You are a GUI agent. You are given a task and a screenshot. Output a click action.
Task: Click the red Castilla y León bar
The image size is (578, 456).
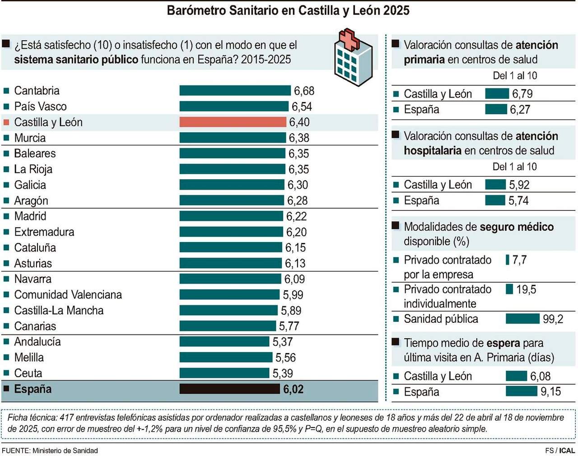click(233, 122)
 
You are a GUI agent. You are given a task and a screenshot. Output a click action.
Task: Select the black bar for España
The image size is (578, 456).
click(229, 389)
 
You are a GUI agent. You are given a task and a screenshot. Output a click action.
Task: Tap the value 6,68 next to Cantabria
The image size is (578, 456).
click(304, 91)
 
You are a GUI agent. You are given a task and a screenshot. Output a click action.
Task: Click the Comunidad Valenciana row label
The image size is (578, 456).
click(68, 295)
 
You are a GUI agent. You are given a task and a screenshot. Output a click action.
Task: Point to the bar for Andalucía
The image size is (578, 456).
click(224, 342)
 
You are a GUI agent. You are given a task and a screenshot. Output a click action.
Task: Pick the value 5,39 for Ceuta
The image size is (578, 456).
click(283, 373)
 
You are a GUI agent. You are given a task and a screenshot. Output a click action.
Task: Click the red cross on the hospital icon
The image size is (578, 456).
click(349, 40)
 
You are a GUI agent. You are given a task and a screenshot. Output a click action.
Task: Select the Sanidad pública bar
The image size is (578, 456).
click(522, 319)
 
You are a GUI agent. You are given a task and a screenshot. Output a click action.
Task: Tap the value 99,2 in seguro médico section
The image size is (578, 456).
click(553, 319)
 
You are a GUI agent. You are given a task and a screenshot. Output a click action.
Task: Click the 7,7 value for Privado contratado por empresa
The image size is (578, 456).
click(519, 260)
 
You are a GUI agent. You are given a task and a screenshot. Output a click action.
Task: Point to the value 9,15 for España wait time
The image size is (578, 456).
click(550, 392)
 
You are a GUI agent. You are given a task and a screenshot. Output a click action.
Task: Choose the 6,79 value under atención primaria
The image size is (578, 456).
click(522, 94)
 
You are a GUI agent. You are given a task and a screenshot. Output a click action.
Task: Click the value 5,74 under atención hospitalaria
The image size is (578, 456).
click(518, 200)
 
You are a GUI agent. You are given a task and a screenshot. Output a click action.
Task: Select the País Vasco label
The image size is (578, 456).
click(40, 107)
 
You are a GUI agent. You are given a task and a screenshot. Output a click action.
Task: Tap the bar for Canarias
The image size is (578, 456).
click(228, 326)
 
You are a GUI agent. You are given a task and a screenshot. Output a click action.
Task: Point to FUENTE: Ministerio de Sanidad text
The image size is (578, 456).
click(50, 451)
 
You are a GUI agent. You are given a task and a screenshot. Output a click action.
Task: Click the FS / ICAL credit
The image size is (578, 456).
click(560, 451)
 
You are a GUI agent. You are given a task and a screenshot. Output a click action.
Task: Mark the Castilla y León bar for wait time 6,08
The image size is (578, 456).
click(516, 376)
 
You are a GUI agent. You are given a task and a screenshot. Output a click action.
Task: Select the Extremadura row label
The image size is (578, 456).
click(44, 232)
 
